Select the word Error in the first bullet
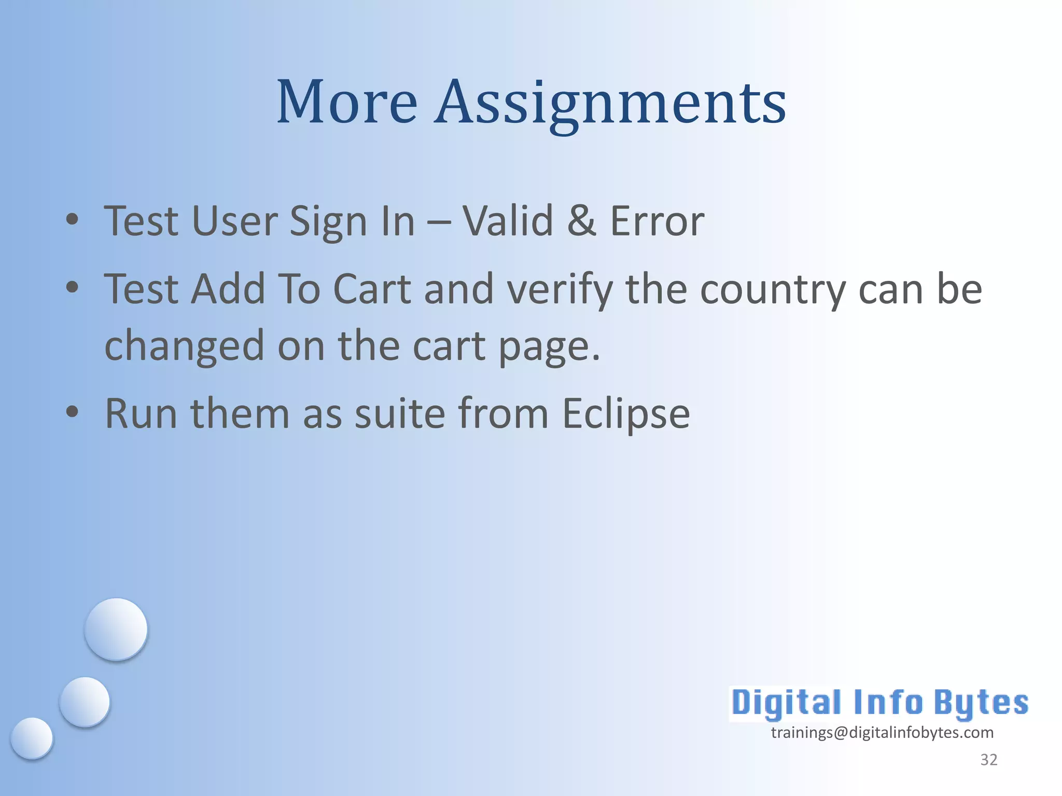(657, 221)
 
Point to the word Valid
(508, 221)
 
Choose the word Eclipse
(626, 414)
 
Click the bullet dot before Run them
(72, 412)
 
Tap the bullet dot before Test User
(72, 219)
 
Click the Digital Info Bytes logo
(879, 703)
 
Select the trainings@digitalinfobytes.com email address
(882, 732)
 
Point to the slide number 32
(988, 760)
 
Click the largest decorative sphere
(116, 629)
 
